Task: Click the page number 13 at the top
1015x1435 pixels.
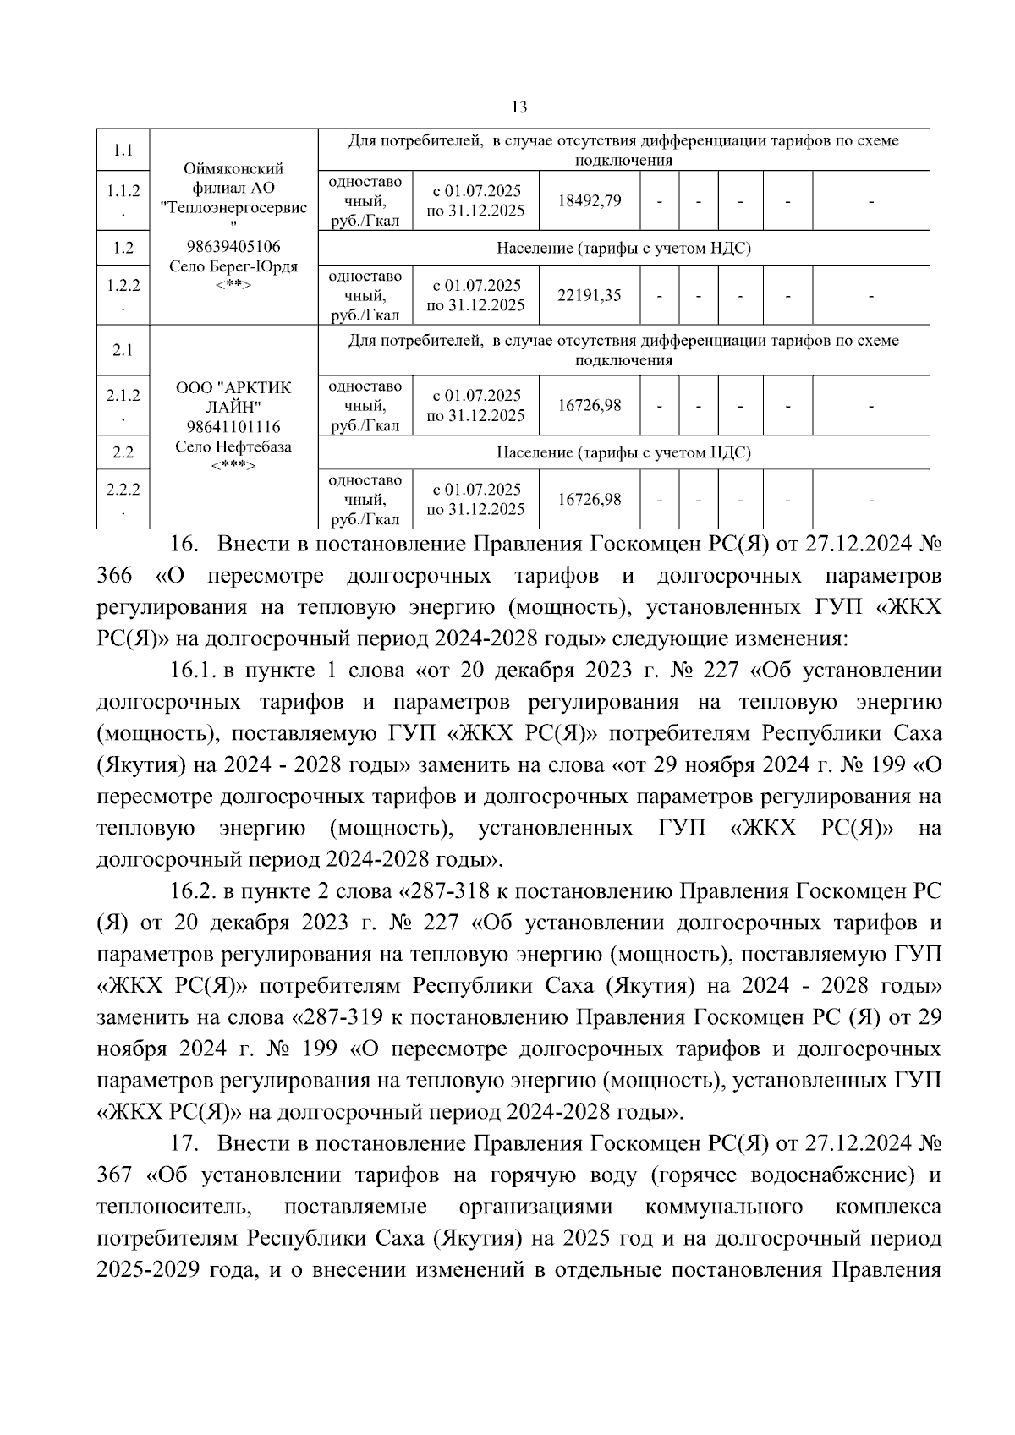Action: [519, 107]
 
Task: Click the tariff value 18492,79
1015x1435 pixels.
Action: [590, 200]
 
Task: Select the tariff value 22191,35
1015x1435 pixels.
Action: [590, 294]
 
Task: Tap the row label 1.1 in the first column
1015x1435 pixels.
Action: [123, 151]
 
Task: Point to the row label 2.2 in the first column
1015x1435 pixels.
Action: [123, 452]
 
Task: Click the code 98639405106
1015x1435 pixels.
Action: [233, 247]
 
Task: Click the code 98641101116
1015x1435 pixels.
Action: [233, 427]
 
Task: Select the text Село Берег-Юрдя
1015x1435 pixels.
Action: [233, 266]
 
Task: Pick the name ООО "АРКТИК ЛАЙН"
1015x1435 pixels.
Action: [233, 397]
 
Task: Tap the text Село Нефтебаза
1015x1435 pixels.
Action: [233, 446]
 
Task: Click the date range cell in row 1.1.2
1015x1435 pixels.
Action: [475, 200]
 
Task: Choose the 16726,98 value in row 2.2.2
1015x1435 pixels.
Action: [590, 499]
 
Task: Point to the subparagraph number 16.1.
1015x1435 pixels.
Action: [193, 671]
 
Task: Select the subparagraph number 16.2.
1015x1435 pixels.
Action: [193, 892]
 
